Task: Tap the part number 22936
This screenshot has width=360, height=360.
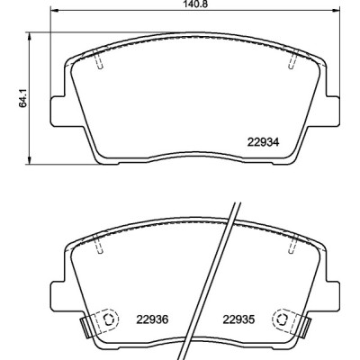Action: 154,316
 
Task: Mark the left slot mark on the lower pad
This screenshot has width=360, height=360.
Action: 99,242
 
